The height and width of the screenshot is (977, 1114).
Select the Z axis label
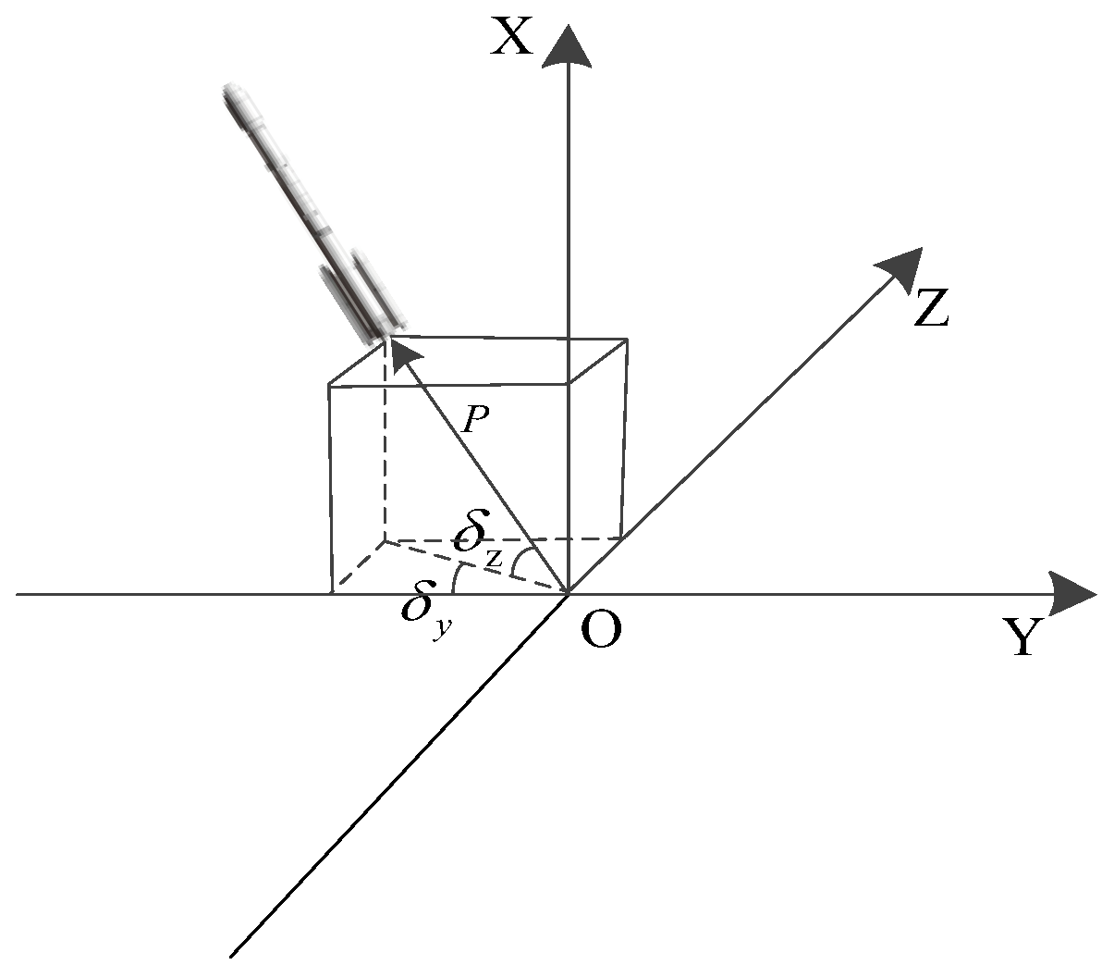coord(931,307)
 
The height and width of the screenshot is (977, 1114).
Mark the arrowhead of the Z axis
coord(900,268)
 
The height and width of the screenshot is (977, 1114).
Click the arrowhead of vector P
coord(395,352)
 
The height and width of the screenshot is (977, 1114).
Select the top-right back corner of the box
coord(628,340)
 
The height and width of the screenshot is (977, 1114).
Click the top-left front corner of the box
coord(330,384)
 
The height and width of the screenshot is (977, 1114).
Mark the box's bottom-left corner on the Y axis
coord(331,593)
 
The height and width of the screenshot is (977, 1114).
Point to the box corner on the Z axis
coord(624,538)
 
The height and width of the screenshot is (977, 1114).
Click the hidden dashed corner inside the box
coord(385,539)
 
